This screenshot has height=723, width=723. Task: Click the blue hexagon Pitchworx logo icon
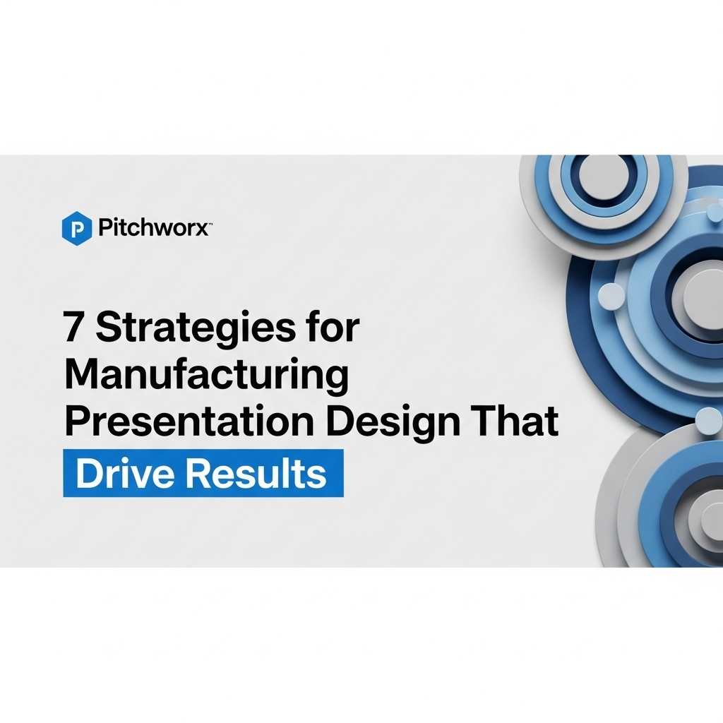(x=76, y=228)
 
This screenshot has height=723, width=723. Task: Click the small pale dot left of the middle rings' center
(x=611, y=296)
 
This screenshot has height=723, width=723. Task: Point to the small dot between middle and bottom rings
(x=708, y=421)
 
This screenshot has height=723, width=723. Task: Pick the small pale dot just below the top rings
(x=715, y=213)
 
